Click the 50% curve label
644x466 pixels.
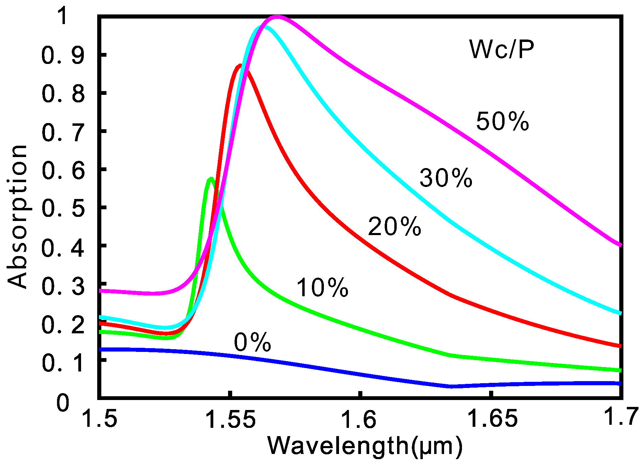(x=502, y=121)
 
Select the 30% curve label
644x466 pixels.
(x=446, y=178)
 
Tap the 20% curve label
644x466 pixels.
(x=394, y=227)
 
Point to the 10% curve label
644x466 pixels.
(x=322, y=288)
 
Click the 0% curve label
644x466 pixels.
(x=252, y=343)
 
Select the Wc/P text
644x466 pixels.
(x=501, y=50)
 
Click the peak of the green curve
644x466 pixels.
(x=211, y=179)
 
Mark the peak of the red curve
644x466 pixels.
(x=240, y=66)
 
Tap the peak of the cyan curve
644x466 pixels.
(x=262, y=27)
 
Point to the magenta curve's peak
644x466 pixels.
(x=277, y=17)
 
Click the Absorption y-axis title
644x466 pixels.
(x=17, y=217)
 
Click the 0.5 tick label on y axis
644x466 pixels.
(x=63, y=208)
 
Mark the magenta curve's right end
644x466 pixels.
(x=620, y=245)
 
